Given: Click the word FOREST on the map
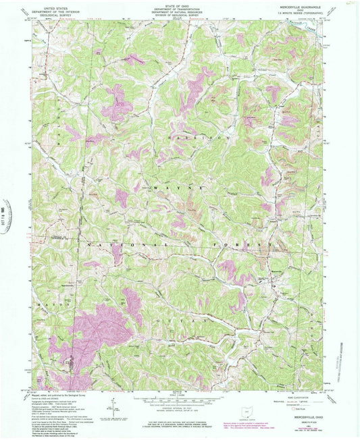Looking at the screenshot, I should tap(233, 241).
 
